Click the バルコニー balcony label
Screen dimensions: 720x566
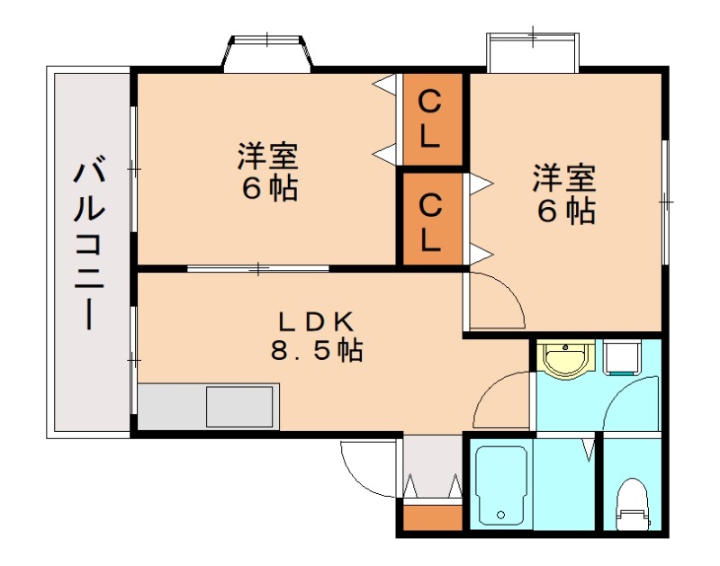[89, 243]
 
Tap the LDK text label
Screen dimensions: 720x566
[317, 322]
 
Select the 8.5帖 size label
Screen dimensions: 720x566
[317, 351]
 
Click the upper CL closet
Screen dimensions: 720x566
[432, 120]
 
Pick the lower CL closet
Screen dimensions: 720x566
[432, 219]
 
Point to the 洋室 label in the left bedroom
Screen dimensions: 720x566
[267, 156]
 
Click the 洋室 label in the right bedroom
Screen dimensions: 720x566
[564, 178]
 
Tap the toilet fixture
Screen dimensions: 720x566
[633, 504]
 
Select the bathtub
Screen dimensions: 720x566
[500, 485]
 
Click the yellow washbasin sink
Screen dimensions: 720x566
[565, 360]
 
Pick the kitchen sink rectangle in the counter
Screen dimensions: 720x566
[239, 406]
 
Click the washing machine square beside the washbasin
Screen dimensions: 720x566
[621, 357]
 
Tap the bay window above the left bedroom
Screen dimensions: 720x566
[267, 53]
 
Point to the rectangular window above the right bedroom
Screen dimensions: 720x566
[533, 52]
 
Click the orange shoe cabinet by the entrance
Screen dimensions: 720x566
[433, 517]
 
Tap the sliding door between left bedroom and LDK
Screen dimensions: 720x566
[258, 268]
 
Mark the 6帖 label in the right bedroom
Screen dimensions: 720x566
[566, 211]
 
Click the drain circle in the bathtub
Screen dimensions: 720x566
[500, 515]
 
